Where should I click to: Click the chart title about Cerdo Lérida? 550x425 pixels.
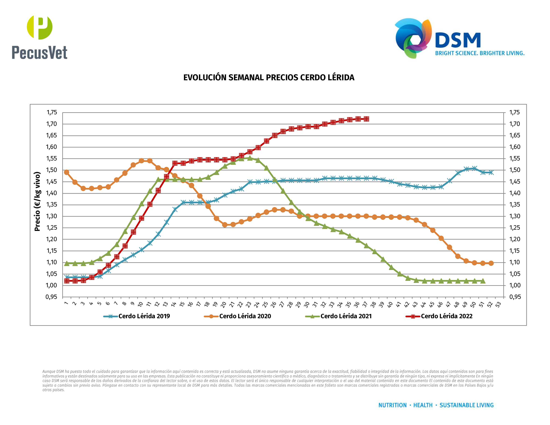(269, 77)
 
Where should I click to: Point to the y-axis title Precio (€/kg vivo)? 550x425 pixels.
(37, 201)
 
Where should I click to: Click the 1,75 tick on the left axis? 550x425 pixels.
(52, 112)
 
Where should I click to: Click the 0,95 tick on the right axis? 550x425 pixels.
(515, 297)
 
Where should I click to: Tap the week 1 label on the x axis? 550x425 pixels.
(66, 303)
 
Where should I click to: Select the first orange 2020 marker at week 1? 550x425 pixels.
(66, 172)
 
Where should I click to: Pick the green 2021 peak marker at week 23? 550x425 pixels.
(250, 158)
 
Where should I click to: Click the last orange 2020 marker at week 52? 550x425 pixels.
(491, 263)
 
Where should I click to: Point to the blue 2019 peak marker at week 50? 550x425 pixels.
(474, 169)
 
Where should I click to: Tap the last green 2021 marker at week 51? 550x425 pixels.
(483, 281)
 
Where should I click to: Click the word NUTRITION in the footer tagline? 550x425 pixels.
(392, 405)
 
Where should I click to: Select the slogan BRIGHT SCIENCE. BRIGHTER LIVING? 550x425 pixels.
(480, 53)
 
